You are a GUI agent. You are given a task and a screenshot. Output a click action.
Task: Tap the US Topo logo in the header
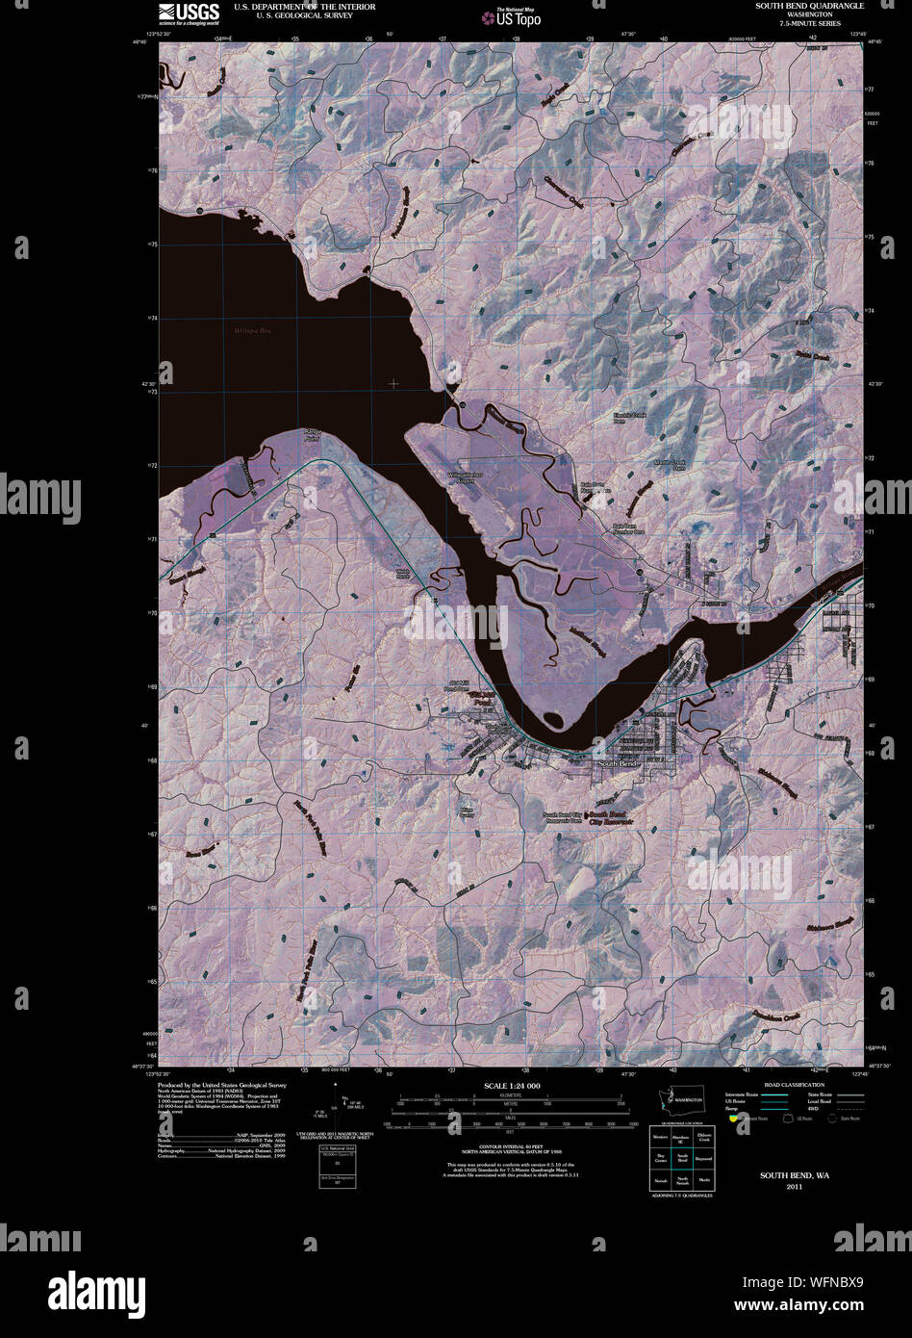519,16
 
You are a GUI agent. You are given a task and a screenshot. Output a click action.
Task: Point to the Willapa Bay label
253,331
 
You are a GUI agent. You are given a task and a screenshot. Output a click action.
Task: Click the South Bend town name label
618,763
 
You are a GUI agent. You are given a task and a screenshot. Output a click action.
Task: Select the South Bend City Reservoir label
610,818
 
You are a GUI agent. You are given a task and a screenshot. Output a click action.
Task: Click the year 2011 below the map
793,1187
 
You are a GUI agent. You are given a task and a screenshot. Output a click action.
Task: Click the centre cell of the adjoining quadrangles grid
682,1158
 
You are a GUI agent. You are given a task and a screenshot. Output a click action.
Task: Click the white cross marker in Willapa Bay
393,384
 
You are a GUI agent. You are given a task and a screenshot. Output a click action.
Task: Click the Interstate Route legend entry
743,1094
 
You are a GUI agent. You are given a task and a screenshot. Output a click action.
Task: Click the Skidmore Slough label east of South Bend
775,785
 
